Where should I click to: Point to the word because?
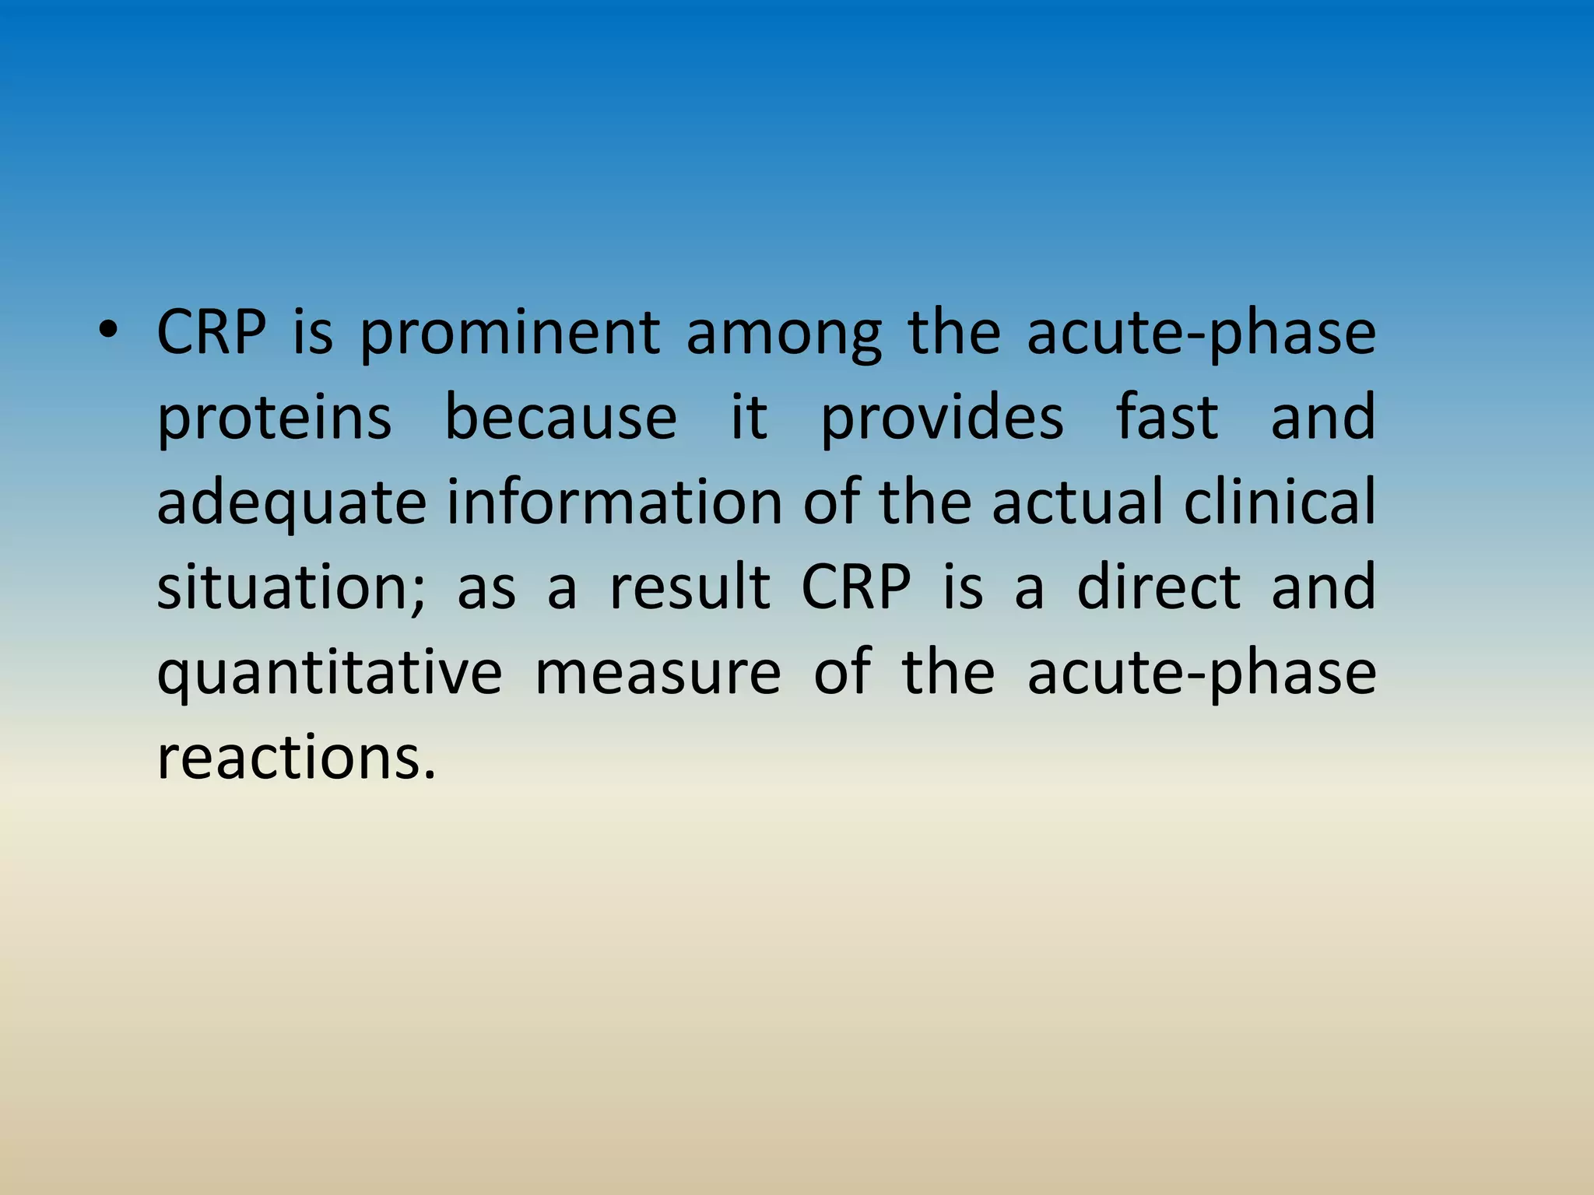click(x=560, y=418)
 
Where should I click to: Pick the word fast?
click(x=1167, y=418)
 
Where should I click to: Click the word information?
click(x=615, y=502)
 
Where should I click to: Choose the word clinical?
click(x=1280, y=502)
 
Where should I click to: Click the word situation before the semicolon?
click(x=284, y=587)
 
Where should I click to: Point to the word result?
click(x=690, y=587)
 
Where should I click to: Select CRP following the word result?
click(x=855, y=587)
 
